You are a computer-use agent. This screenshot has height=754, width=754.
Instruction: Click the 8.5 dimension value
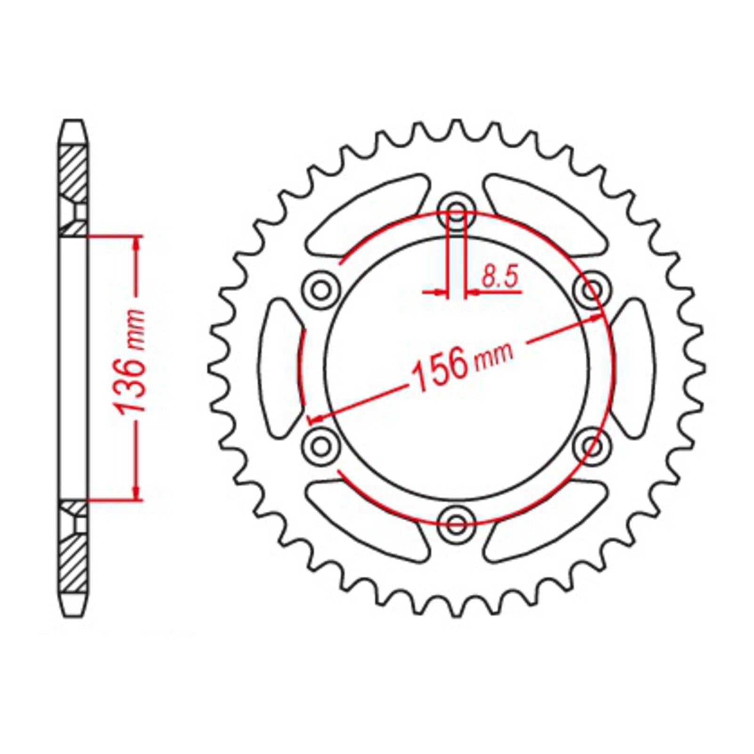point(500,278)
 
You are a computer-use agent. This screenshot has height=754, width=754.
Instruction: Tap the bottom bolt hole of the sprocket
point(456,522)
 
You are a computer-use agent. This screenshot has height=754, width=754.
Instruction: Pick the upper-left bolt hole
point(321,288)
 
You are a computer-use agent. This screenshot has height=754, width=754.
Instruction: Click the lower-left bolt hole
point(321,444)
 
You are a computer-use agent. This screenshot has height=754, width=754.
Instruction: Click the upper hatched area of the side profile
point(73,174)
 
